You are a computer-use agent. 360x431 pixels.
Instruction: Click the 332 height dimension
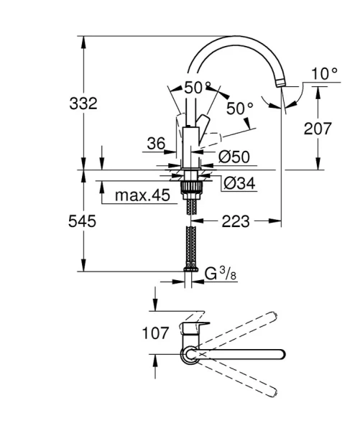pyautogui.click(x=83, y=103)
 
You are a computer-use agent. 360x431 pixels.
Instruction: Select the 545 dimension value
pyautogui.click(x=83, y=221)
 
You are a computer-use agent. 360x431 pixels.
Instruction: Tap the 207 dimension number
pyautogui.click(x=318, y=129)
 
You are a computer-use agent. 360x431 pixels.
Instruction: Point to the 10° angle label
pyautogui.click(x=324, y=73)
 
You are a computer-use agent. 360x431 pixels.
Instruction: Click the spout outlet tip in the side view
pyautogui.click(x=280, y=85)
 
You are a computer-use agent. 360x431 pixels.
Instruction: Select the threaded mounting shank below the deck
pyautogui.click(x=190, y=189)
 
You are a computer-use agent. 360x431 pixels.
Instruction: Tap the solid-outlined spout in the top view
pyautogui.click(x=244, y=353)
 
